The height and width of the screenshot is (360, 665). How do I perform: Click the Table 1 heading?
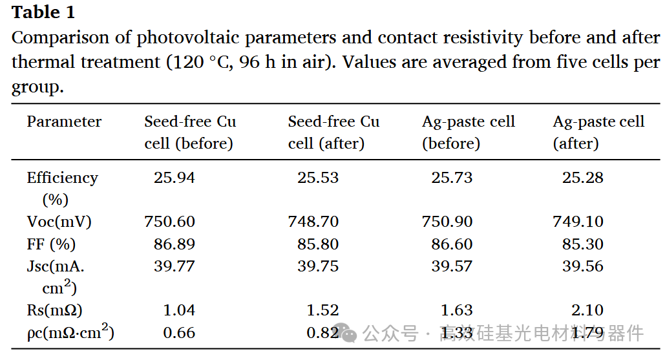pyautogui.click(x=43, y=12)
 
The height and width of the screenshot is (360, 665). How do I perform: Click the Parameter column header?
pyautogui.click(x=64, y=122)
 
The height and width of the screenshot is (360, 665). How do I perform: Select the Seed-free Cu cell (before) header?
pyautogui.click(x=190, y=132)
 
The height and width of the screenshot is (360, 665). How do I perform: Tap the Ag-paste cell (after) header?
pyautogui.click(x=598, y=132)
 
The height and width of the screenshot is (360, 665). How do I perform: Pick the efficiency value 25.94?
pyautogui.click(x=174, y=178)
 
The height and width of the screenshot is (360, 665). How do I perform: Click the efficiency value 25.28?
pyautogui.click(x=583, y=178)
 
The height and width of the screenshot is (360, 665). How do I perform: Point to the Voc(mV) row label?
pyautogui.click(x=59, y=222)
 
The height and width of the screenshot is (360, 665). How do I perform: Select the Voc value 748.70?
pyautogui.click(x=313, y=221)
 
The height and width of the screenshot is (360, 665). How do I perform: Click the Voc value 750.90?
pyautogui.click(x=447, y=221)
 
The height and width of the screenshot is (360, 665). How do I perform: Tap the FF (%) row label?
pyautogui.click(x=51, y=244)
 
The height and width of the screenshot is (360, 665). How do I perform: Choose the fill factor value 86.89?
pyautogui.click(x=174, y=244)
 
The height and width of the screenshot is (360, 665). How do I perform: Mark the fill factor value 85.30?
pyautogui.click(x=583, y=244)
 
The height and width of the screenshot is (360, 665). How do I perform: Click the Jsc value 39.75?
pyautogui.click(x=318, y=266)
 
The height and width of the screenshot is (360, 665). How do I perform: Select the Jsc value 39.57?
pyautogui.click(x=452, y=266)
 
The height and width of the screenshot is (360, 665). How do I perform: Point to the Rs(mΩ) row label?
pyautogui.click(x=54, y=310)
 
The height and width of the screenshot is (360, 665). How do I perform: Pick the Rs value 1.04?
pyautogui.click(x=179, y=310)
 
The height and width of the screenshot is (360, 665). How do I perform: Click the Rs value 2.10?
pyautogui.click(x=587, y=310)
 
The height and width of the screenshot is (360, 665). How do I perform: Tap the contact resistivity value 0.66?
pyautogui.click(x=179, y=333)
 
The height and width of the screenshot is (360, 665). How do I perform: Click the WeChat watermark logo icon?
pyautogui.click(x=346, y=333)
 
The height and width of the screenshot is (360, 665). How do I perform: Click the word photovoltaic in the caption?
pyautogui.click(x=189, y=37)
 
